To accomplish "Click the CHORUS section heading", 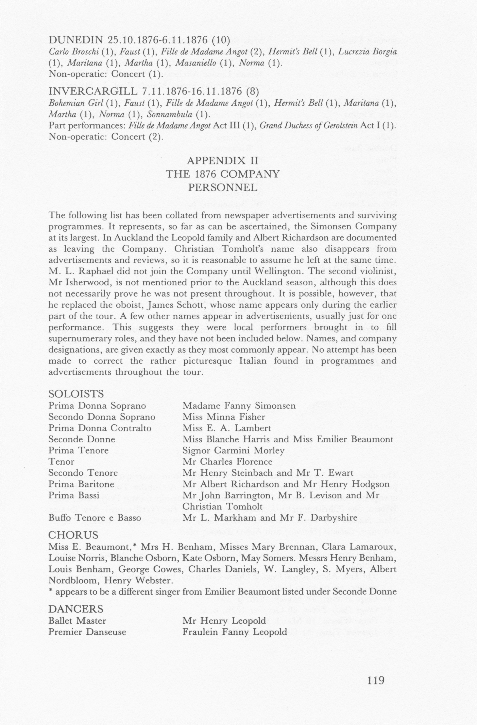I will [x=73, y=535].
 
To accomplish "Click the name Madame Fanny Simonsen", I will [x=239, y=406].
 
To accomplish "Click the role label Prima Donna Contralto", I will [x=100, y=428].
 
